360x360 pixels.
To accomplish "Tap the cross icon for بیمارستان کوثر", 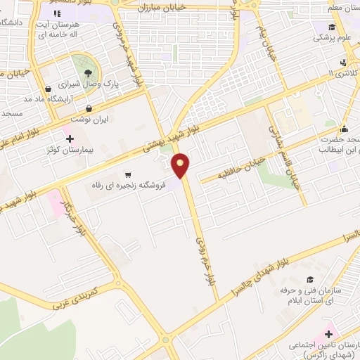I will click(69, 139).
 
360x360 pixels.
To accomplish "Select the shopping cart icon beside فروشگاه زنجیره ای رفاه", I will click(127, 174).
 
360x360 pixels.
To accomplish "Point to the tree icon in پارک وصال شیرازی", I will click(86, 73).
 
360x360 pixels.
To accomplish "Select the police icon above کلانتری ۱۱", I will click(342, 61).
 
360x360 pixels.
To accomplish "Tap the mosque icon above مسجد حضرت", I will click(344, 129).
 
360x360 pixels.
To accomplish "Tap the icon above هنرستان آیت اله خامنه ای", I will click(56, 13).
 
